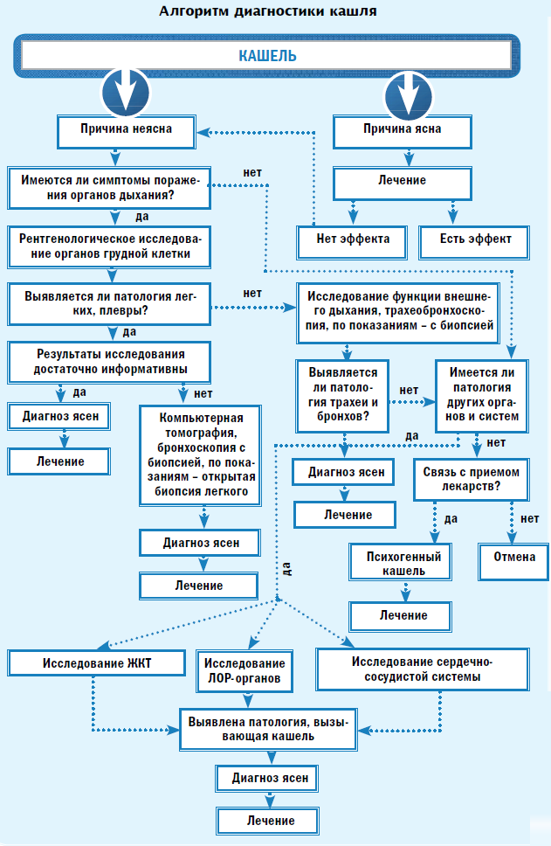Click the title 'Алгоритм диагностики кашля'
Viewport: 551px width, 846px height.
(x=269, y=12)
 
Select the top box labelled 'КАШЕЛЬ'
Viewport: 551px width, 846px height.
(x=268, y=56)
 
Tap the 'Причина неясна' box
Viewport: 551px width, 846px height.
(x=126, y=129)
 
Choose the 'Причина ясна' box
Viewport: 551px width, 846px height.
(x=403, y=129)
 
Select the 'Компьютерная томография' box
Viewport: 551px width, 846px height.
(x=201, y=454)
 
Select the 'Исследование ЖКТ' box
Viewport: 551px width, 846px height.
(x=96, y=662)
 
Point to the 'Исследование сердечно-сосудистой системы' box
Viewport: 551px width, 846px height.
(x=423, y=669)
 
